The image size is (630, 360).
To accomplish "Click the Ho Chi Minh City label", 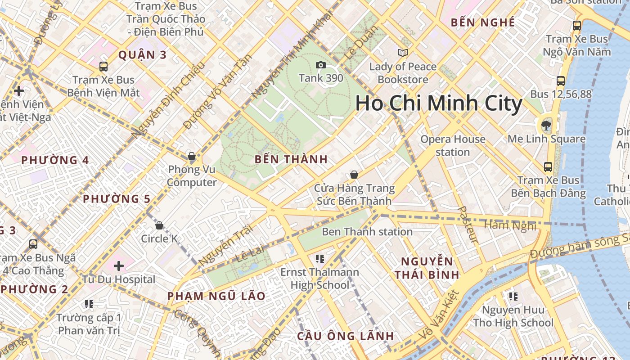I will (x=439, y=103).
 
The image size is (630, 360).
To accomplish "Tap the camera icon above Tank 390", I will (x=321, y=65).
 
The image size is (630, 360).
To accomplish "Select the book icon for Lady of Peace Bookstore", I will (x=403, y=53).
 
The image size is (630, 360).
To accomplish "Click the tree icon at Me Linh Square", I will (x=547, y=125).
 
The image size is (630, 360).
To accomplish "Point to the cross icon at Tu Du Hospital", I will (x=119, y=266).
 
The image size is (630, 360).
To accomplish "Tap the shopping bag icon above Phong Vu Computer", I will (x=192, y=157).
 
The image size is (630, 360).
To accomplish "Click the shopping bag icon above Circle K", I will (x=159, y=225).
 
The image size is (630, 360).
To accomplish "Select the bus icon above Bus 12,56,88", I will (x=560, y=81).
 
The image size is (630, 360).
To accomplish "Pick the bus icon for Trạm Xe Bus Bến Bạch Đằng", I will (x=548, y=167).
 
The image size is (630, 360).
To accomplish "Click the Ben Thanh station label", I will (x=367, y=232).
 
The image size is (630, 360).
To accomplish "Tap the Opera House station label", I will (x=453, y=145).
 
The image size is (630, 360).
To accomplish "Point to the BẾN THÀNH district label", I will (x=291, y=159).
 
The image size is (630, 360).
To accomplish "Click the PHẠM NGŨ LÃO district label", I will (x=216, y=296).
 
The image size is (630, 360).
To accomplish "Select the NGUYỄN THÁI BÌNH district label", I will (x=427, y=268).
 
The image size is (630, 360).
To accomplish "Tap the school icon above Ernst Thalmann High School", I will (x=320, y=258).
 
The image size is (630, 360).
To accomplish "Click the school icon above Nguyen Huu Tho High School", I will (x=513, y=296).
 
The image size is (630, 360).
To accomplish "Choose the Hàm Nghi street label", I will (x=510, y=225).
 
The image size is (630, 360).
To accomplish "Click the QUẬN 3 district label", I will (x=142, y=55).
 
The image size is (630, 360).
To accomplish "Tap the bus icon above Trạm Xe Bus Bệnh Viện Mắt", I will (x=103, y=67).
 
